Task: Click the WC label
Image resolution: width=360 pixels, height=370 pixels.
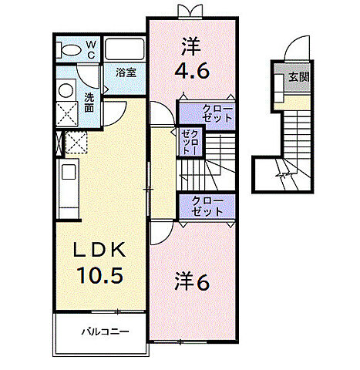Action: (90, 49)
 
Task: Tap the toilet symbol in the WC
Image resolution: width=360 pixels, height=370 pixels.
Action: (69, 50)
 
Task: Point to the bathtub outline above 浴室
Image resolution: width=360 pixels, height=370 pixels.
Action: (124, 49)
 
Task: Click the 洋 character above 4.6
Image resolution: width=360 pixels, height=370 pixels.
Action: (190, 46)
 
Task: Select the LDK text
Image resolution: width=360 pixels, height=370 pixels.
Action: (98, 251)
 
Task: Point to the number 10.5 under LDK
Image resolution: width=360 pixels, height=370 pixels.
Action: (98, 274)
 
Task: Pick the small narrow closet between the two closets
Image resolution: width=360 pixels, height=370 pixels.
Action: (188, 143)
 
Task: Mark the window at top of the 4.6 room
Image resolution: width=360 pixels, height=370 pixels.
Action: (190, 11)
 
